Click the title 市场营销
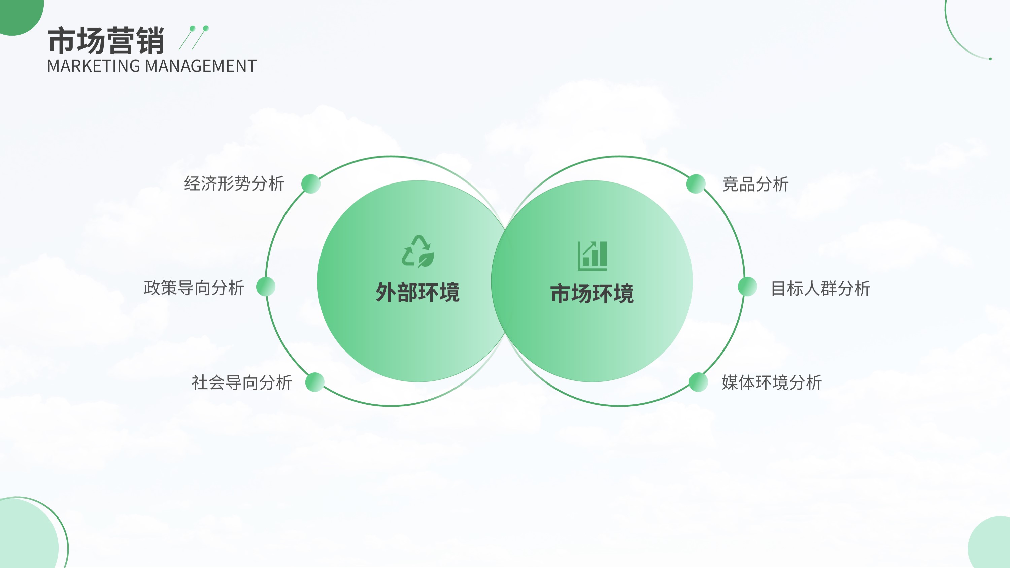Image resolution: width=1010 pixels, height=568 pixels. click(x=106, y=40)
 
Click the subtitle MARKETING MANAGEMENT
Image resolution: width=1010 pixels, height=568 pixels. click(x=152, y=66)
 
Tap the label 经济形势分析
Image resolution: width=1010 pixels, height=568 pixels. click(x=234, y=183)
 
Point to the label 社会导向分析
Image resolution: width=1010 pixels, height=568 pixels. click(x=241, y=382)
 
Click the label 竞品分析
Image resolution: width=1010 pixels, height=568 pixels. click(x=755, y=184)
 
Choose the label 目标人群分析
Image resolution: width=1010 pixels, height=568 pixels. click(x=820, y=288)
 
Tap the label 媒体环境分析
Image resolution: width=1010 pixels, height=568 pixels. click(x=772, y=382)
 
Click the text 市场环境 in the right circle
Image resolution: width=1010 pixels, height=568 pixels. click(x=592, y=293)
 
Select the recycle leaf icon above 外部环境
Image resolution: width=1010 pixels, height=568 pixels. click(x=418, y=251)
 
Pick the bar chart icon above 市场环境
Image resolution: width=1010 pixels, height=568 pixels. click(x=592, y=256)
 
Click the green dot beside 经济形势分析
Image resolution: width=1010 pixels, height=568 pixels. click(x=311, y=184)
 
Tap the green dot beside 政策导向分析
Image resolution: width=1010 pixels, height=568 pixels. click(x=266, y=287)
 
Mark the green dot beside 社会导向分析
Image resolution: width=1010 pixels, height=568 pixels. click(x=315, y=382)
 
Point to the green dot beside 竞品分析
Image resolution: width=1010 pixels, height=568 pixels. click(x=696, y=184)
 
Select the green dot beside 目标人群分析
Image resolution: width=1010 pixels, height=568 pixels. click(x=747, y=287)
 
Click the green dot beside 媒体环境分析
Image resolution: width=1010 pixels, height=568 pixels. click(x=698, y=382)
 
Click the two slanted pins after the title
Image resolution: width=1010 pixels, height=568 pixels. click(x=194, y=38)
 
